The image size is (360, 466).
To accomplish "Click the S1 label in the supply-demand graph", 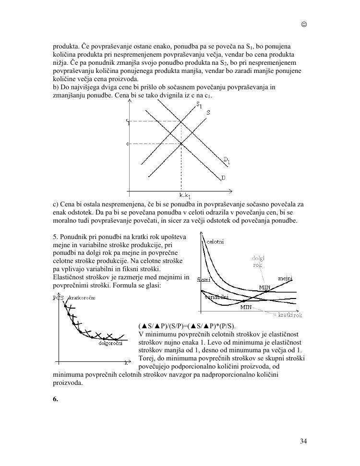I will coord(198,105).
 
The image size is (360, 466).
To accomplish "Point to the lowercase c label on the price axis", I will coord(127,143).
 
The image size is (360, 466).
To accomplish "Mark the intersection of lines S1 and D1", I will coord(181,121).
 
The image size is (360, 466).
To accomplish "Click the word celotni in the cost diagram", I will coord(215,241).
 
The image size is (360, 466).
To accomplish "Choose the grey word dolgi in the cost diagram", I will coord(258,258).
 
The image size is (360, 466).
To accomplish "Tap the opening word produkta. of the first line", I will coord(66,46).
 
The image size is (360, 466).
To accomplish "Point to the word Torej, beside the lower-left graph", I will coord(147,358).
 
